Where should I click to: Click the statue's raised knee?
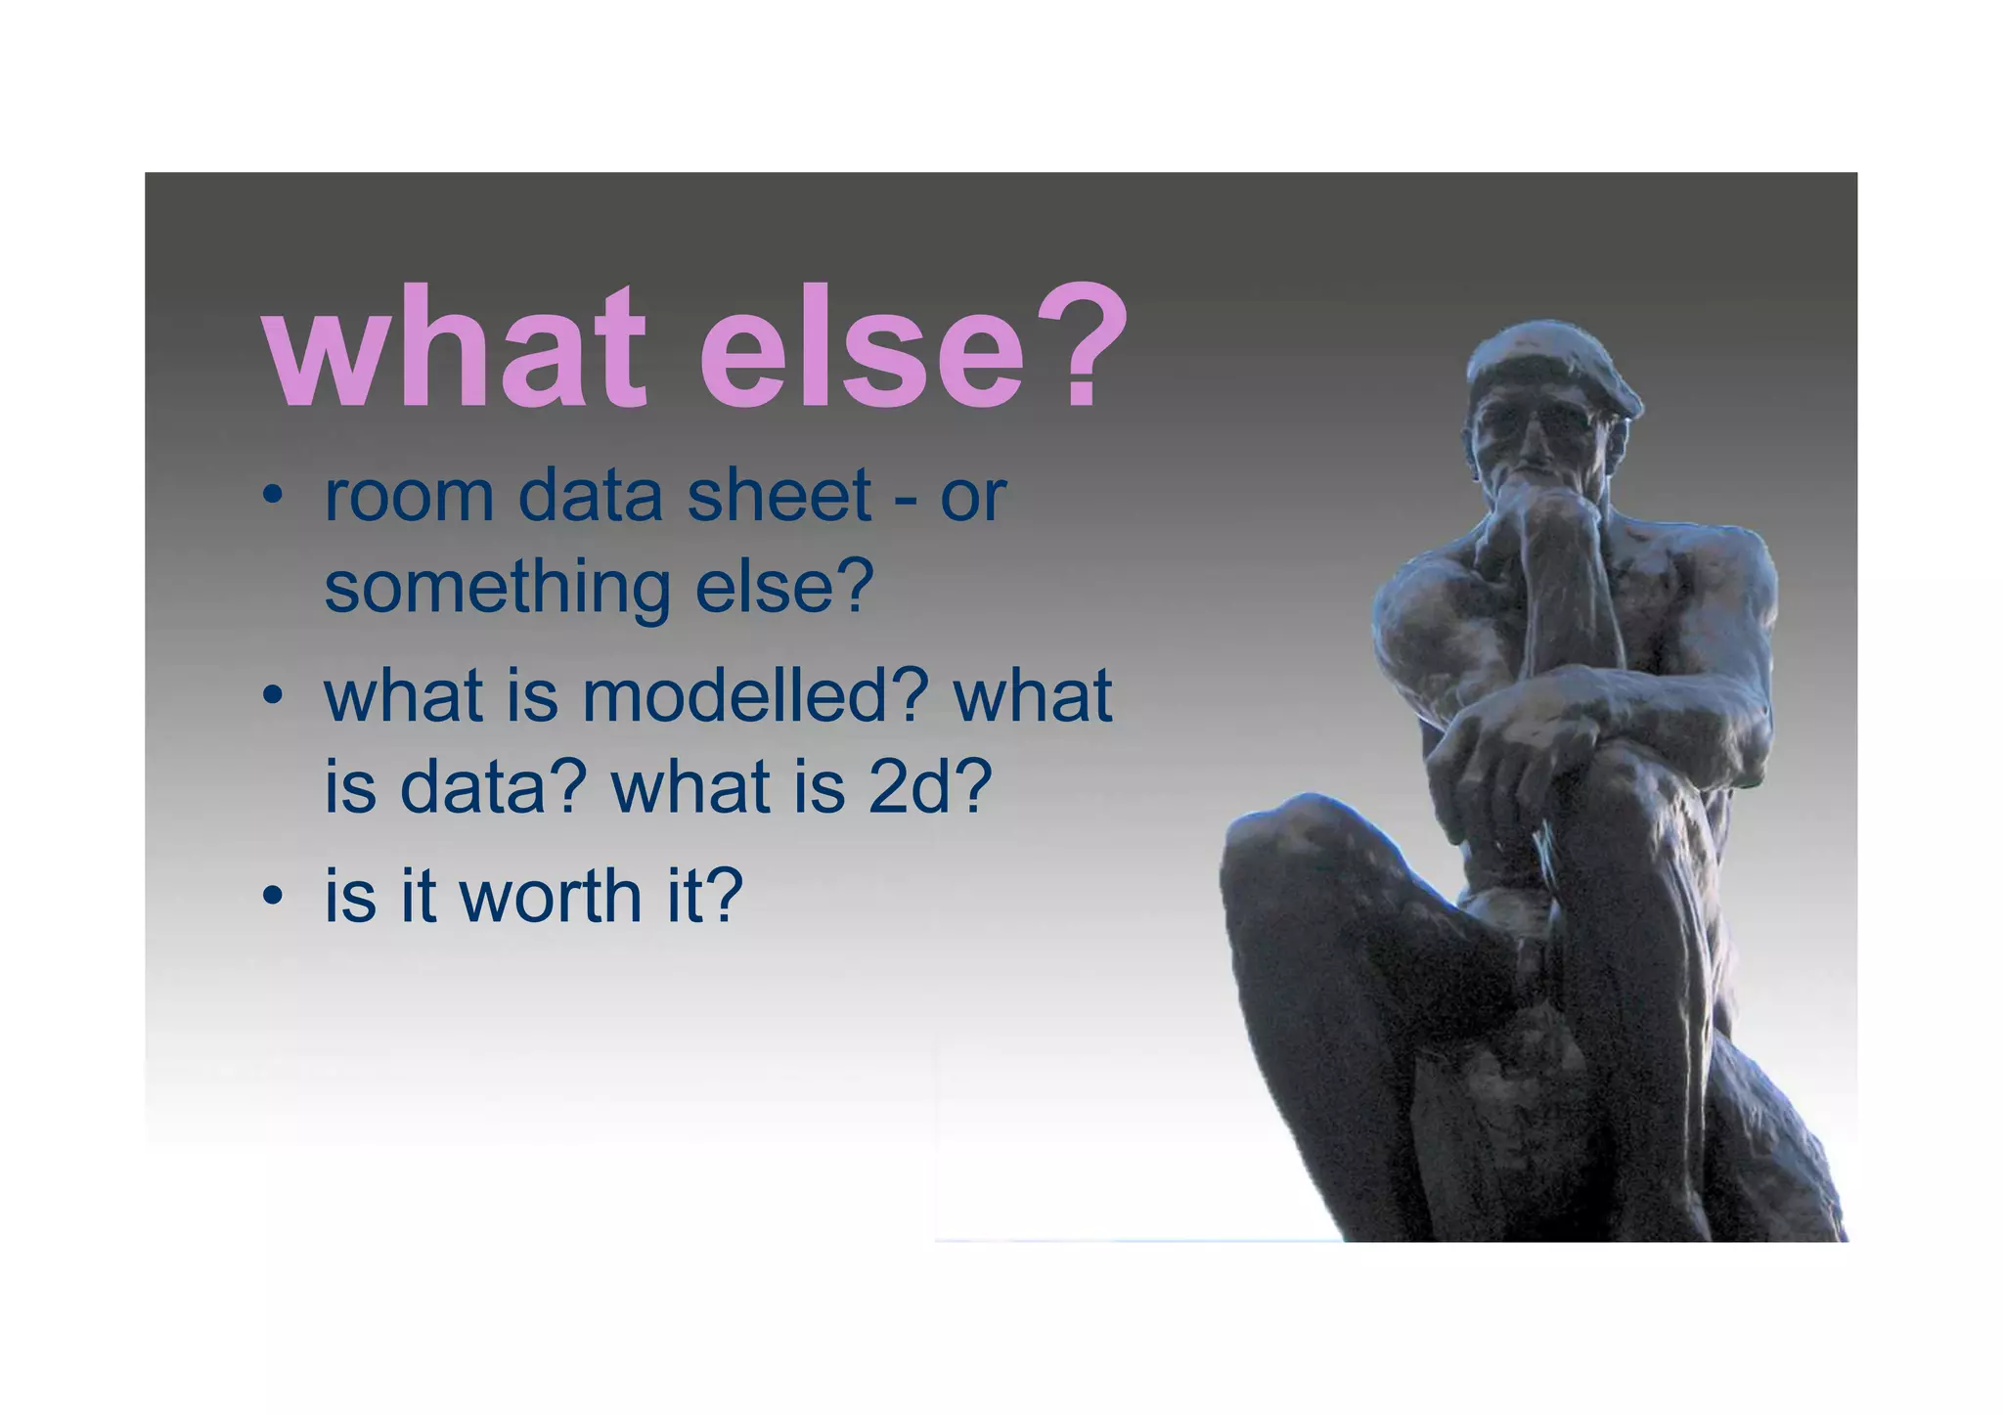[x=1291, y=841]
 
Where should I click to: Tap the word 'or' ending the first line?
[x=972, y=499]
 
